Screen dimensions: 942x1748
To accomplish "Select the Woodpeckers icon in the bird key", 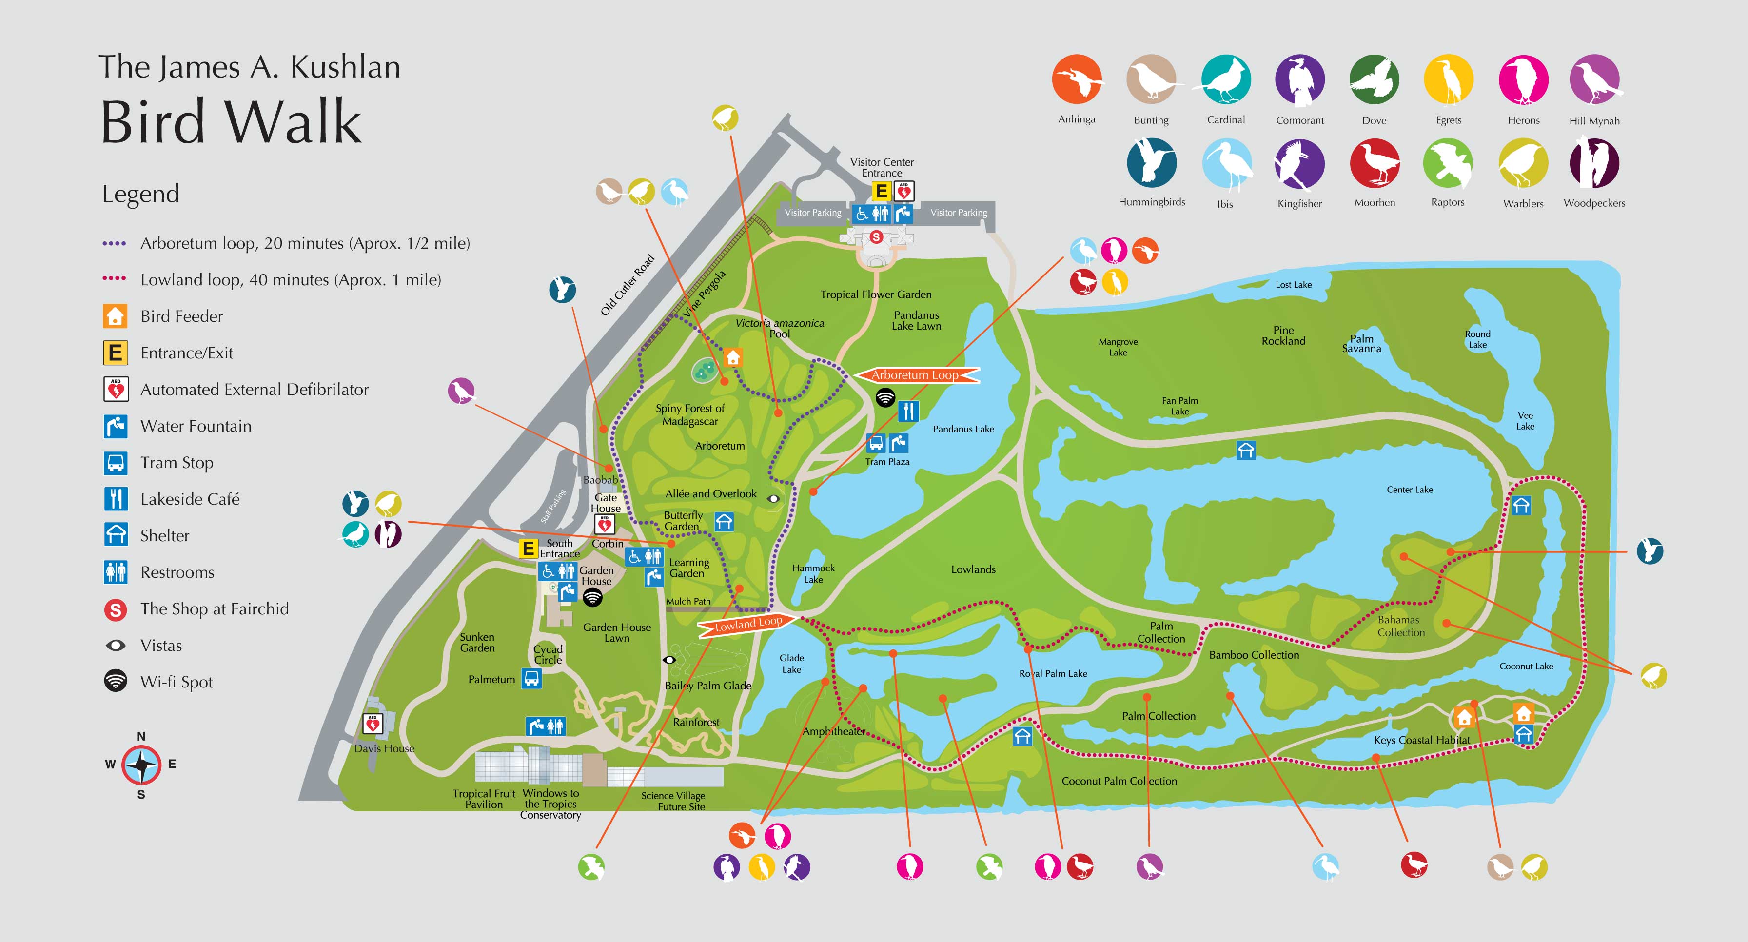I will coord(1594,163).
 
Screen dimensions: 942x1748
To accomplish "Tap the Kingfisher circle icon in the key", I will coord(1299,163).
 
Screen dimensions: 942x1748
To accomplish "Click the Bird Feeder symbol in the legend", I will coord(116,316).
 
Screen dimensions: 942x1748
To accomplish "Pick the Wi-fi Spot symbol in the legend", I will coord(116,681).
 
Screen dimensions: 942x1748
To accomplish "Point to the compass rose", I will coord(141,765).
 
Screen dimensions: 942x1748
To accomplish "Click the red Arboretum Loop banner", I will coord(916,374).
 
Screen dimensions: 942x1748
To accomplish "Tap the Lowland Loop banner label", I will coord(749,623).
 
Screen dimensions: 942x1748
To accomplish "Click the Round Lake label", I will coord(1477,339).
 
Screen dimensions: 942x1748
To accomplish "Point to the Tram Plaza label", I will coord(887,462).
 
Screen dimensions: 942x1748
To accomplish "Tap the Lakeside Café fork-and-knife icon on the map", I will coord(908,412).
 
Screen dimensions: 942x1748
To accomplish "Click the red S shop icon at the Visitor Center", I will coord(876,237).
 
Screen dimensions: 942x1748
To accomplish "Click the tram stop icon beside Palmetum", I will coord(531,679).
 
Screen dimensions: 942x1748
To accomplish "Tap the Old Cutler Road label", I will coord(627,285).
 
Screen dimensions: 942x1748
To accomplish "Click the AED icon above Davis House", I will coord(373,724).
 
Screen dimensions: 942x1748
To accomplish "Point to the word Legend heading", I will coord(140,194).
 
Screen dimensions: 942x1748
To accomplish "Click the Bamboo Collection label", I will coord(1254,655).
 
